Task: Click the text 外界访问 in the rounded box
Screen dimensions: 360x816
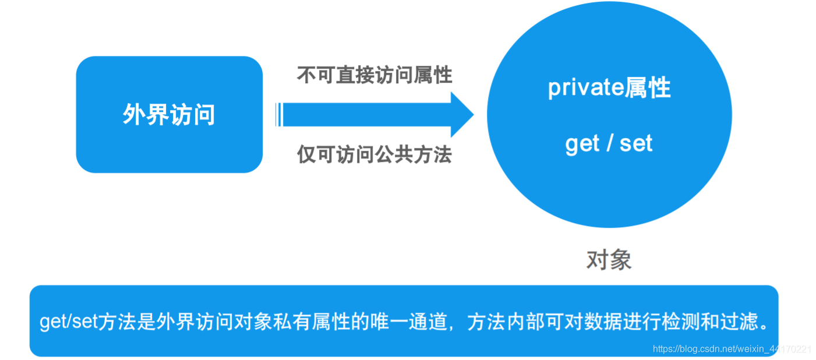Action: [169, 115]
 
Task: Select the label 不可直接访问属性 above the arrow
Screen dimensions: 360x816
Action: [375, 75]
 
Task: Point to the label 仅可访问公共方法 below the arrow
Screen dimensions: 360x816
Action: [375, 154]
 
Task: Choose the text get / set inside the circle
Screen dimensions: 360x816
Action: [609, 143]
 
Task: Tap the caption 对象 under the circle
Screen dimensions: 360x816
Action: [609, 260]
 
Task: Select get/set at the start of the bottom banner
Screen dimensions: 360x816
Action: [69, 322]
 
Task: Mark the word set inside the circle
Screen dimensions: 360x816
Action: [636, 143]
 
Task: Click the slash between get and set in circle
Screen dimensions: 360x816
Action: [609, 143]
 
